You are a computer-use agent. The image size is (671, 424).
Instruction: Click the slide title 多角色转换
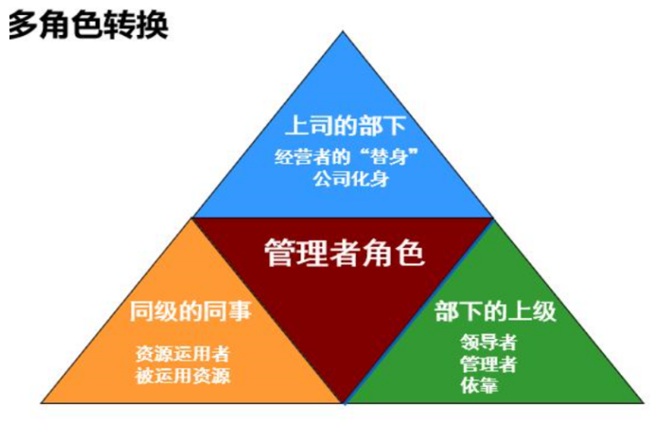tap(88, 26)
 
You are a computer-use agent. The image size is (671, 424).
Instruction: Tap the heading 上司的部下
tap(345, 125)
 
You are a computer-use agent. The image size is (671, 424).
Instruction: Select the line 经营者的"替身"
tap(346, 156)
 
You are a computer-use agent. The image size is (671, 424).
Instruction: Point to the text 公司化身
tap(351, 179)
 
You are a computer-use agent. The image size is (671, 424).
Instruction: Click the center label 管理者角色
tap(344, 253)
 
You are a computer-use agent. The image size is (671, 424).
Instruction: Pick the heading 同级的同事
tap(190, 311)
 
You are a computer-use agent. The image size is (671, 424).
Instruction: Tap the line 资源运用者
tap(183, 354)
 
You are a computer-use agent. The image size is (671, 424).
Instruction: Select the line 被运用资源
tap(183, 376)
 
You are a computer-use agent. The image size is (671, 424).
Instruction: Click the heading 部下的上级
tap(495, 311)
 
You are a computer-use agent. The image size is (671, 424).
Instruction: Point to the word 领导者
tap(488, 342)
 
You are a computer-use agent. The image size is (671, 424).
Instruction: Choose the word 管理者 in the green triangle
tap(488, 363)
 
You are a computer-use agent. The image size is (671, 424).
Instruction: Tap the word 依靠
tap(479, 385)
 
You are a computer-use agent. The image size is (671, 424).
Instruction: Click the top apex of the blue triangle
tap(343, 31)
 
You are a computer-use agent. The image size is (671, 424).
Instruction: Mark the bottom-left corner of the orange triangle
tap(42, 402)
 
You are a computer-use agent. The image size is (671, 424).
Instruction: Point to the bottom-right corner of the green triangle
tap(644, 402)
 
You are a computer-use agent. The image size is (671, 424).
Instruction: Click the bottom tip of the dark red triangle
tap(344, 402)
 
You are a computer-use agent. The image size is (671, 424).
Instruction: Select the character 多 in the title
tap(24, 26)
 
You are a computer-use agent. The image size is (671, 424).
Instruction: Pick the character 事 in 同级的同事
tap(239, 311)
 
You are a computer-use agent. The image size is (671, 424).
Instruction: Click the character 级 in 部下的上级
tap(544, 311)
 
